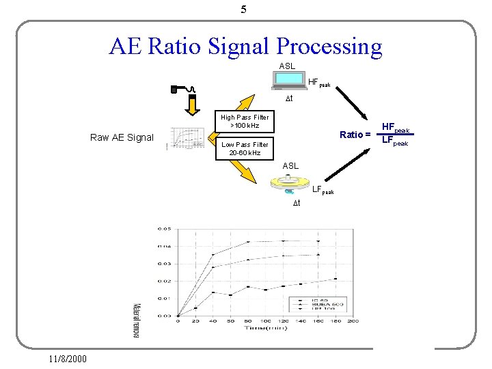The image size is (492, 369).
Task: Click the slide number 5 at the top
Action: pyautogui.click(x=244, y=10)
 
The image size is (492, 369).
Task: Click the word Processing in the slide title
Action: pyautogui.click(x=329, y=46)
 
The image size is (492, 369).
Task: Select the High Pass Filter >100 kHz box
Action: pyautogui.click(x=245, y=122)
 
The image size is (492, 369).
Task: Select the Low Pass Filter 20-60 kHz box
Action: pyautogui.click(x=245, y=148)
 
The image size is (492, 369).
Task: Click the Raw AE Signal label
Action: pyautogui.click(x=122, y=137)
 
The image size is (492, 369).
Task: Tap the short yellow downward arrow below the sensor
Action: pyautogui.click(x=193, y=106)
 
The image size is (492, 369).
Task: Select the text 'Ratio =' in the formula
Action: pyautogui.click(x=355, y=135)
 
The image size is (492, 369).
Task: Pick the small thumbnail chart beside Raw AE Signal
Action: pyautogui.click(x=188, y=137)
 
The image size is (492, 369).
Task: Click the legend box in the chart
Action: pyautogui.click(x=318, y=303)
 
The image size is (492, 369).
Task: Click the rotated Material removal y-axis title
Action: pyautogui.click(x=136, y=320)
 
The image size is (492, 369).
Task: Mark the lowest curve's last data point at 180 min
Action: pyautogui.click(x=336, y=279)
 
